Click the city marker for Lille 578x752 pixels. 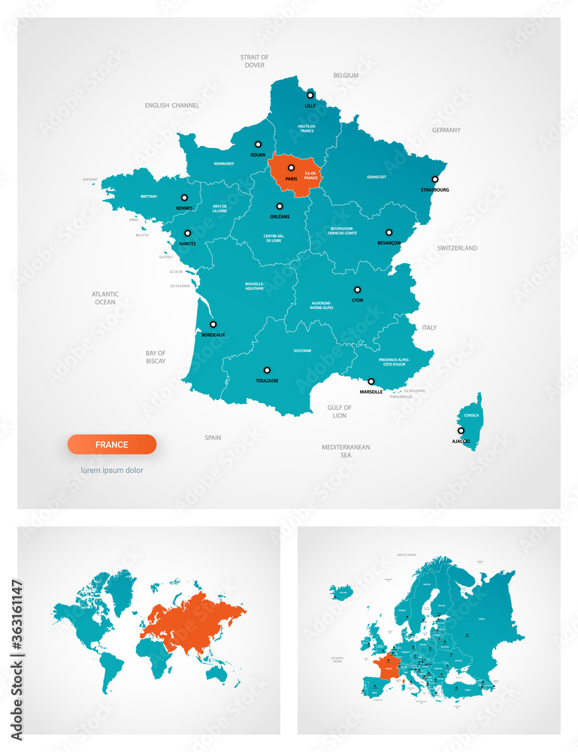[x=309, y=96]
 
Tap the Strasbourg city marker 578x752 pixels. [x=434, y=179]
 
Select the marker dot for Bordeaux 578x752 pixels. [x=213, y=324]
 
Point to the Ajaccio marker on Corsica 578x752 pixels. [x=461, y=431]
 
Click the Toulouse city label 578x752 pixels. [x=267, y=381]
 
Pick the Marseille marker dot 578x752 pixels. [x=371, y=381]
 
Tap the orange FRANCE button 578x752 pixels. [x=112, y=444]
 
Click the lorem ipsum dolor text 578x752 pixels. [x=112, y=471]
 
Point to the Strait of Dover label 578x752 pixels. [x=254, y=61]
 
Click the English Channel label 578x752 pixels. [x=172, y=106]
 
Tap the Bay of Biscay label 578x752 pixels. [x=156, y=356]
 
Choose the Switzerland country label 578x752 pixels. [x=457, y=248]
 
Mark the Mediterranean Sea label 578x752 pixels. [x=346, y=450]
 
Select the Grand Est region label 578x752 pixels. [x=377, y=177]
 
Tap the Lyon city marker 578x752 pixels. [x=358, y=290]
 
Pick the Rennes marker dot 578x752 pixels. [x=184, y=198]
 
